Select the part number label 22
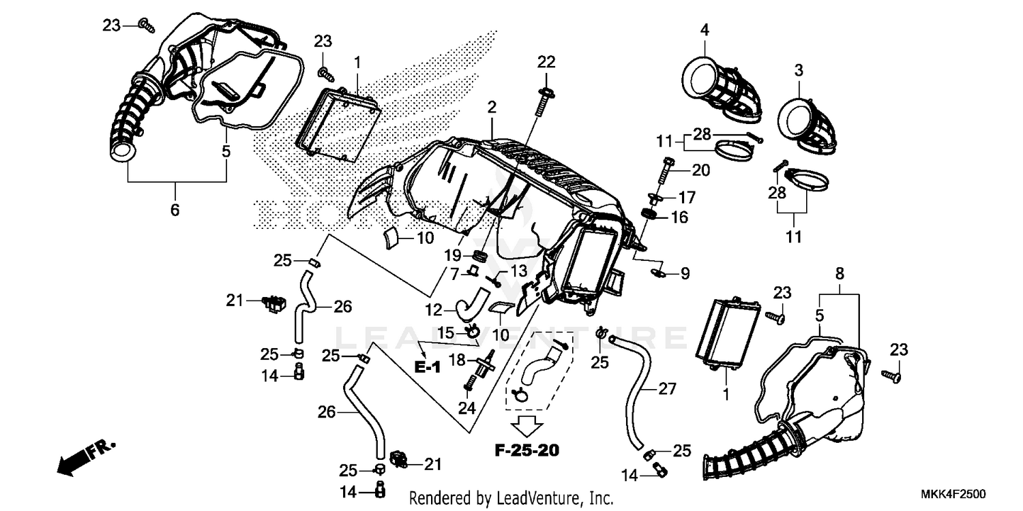[546, 62]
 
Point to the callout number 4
[705, 29]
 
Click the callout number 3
[799, 69]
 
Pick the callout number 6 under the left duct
[175, 210]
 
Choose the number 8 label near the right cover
[840, 275]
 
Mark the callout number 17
[686, 198]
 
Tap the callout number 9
[684, 274]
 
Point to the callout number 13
[519, 270]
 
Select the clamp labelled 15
[470, 331]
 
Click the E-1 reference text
[428, 367]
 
